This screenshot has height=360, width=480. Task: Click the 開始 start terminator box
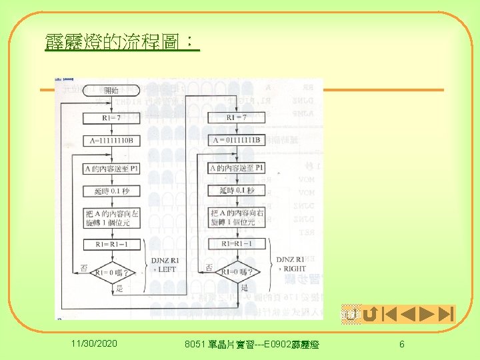pos(111,91)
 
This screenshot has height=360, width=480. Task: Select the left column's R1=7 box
pos(111,117)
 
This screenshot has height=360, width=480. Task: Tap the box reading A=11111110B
pos(111,141)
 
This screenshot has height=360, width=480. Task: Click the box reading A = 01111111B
pos(237,141)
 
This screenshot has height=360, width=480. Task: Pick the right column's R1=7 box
pos(237,117)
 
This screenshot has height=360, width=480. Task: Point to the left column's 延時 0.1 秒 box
pos(111,191)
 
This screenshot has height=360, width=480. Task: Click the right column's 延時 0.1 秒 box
pos(237,191)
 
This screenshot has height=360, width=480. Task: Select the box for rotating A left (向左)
pos(111,217)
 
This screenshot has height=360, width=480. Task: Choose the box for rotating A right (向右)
pos(237,217)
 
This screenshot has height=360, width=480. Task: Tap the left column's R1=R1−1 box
pos(111,245)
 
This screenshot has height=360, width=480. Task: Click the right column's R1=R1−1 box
pos(237,245)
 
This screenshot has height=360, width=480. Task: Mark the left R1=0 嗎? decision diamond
pos(111,273)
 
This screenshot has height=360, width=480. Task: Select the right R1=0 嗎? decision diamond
pos(237,273)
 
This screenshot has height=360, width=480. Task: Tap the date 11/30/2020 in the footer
pos(95,343)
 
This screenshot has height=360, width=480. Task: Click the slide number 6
pos(401,343)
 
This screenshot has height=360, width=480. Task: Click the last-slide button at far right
pos(446,313)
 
